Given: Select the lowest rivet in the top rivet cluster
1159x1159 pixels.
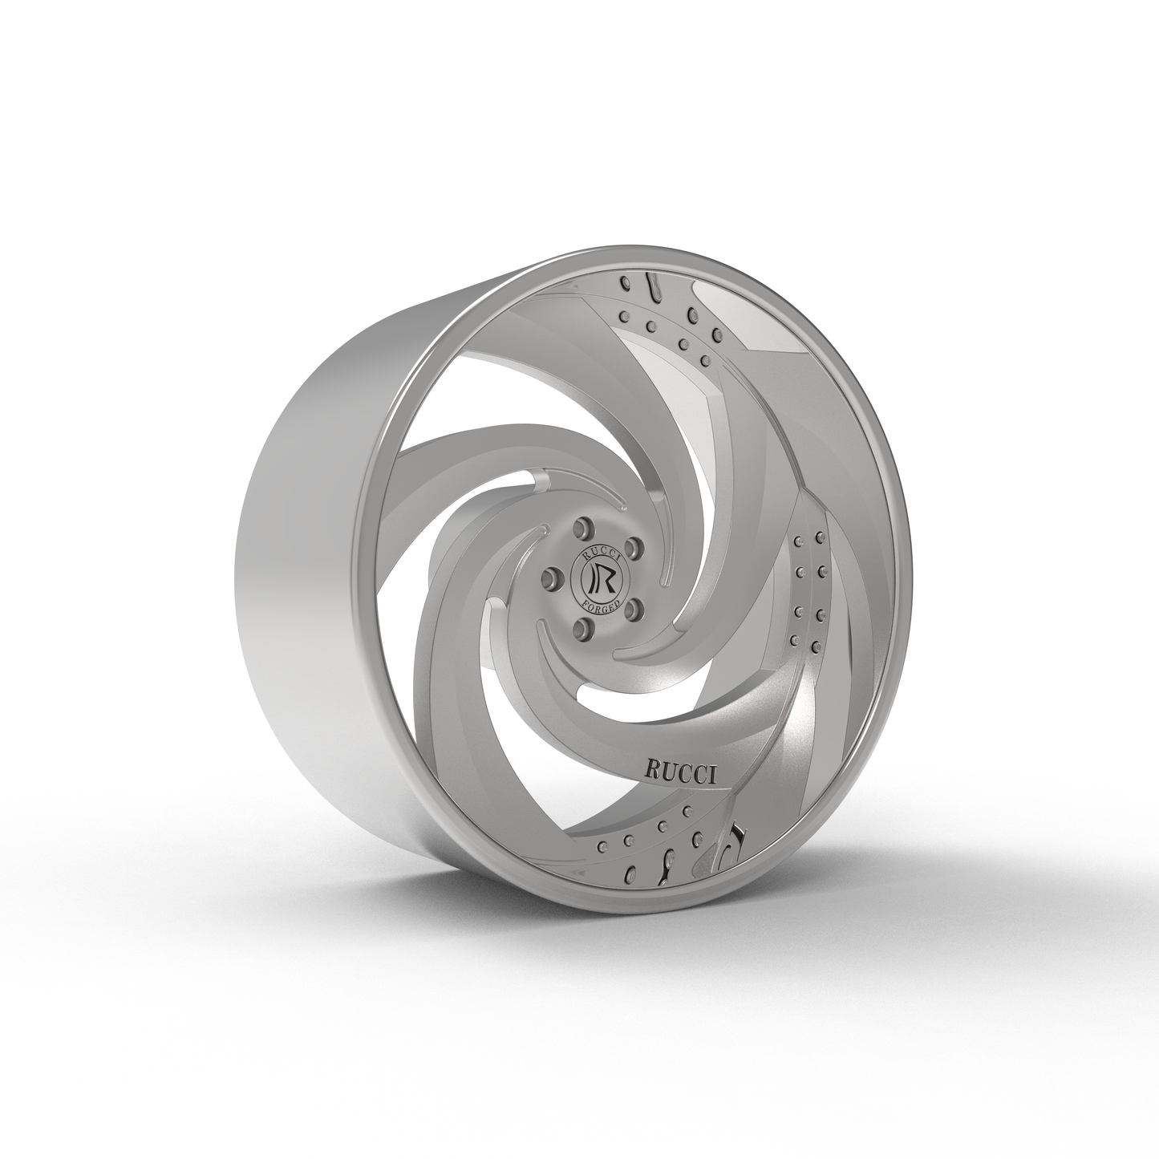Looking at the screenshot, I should point(706,361).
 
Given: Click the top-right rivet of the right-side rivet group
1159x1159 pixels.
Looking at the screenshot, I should point(820,537).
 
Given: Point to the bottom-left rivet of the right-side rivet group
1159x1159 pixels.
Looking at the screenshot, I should point(794,639).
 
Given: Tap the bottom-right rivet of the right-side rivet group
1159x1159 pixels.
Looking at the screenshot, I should point(817,645).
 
